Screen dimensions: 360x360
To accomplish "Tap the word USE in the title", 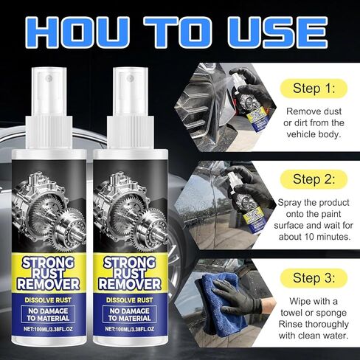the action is (278, 32).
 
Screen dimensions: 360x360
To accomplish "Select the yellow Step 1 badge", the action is (314, 88).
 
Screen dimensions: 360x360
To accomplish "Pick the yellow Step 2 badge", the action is (314, 179).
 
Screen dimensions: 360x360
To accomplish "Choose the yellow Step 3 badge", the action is (314, 278).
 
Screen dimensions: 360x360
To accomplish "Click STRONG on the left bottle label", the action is (48, 263).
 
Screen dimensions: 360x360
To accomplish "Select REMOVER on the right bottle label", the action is (130, 284).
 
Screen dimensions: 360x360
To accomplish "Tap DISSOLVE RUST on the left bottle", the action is (48, 300).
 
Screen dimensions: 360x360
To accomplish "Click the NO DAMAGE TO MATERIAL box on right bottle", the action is (130, 314).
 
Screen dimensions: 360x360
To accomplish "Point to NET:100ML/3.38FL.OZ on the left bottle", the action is (48, 329).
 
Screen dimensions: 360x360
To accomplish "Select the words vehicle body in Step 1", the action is (314, 134).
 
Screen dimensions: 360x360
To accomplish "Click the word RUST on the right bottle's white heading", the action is (130, 274).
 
